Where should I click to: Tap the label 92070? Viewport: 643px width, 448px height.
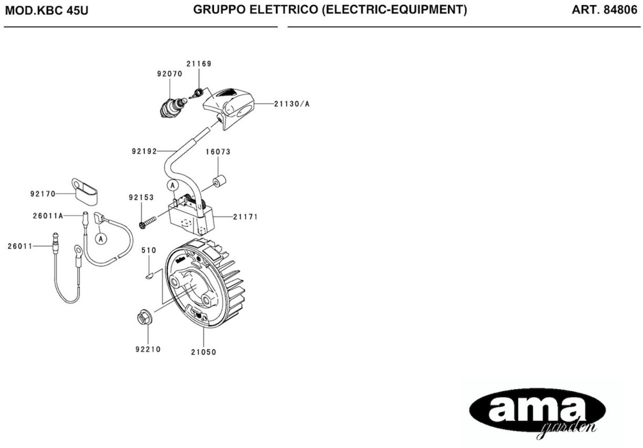point(170,74)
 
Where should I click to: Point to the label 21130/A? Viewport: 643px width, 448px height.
point(292,104)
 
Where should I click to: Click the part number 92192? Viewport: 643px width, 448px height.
point(144,151)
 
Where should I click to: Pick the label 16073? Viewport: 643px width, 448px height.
point(218,152)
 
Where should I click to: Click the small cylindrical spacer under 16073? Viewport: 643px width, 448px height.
point(219,181)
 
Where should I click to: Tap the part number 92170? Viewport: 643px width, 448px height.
point(43,194)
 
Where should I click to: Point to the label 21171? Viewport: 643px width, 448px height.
point(245,217)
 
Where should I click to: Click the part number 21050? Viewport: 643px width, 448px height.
point(204,352)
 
